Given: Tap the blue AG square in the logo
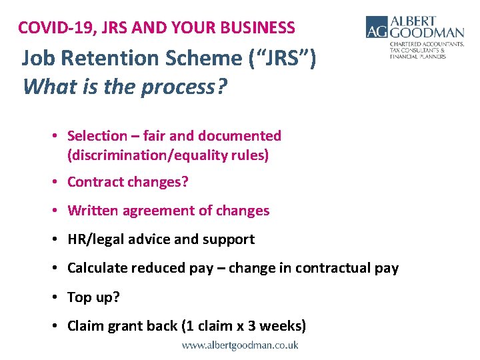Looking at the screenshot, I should pos(377,27).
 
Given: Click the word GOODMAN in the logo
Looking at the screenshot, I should pos(427,33).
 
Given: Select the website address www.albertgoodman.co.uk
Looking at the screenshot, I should pos(240,345).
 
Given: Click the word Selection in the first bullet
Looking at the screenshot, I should pos(97,136).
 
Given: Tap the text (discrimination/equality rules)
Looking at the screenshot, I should pos(167,155).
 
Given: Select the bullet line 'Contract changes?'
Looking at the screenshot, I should pos(128,182).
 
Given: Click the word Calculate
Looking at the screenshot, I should pos(97,268).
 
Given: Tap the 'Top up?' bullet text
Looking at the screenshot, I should pos(93,297).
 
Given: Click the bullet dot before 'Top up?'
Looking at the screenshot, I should pos(57,297).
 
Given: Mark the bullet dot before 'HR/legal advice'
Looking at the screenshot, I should pos(57,239).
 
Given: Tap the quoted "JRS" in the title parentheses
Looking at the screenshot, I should pos(281,59).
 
